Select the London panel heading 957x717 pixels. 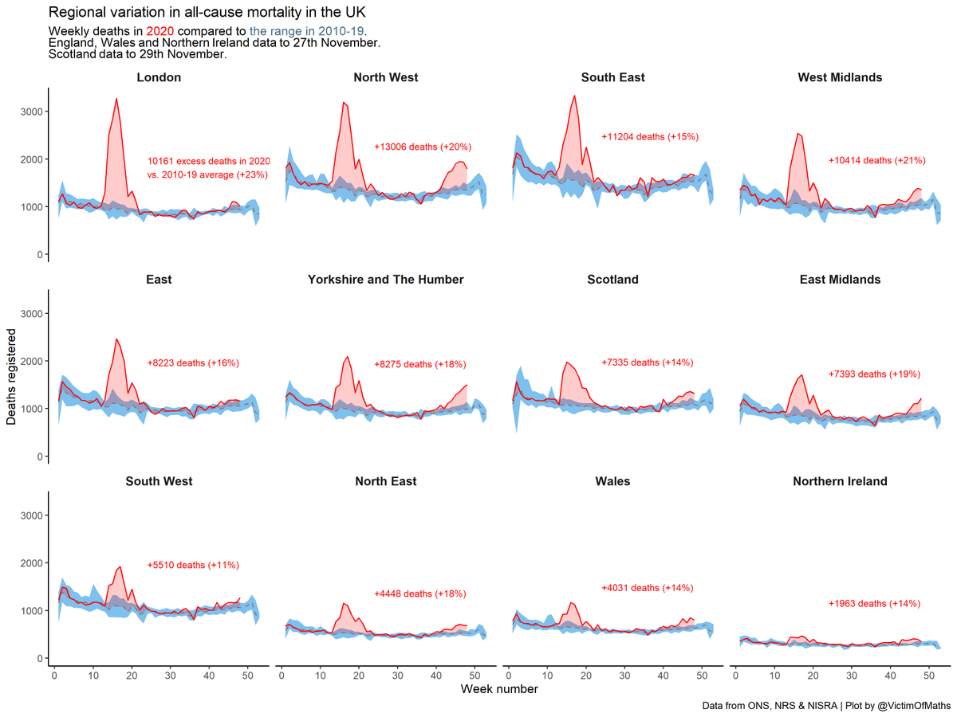[x=159, y=77]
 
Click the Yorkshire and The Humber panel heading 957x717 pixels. [x=385, y=280]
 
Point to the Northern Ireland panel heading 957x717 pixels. [x=840, y=482]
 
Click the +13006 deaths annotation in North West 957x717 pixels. [x=423, y=147]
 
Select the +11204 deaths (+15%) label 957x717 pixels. [x=650, y=137]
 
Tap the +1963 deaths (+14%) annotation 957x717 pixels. [x=874, y=603]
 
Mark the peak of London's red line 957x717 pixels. [x=116, y=99]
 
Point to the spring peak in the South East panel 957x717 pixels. [x=574, y=96]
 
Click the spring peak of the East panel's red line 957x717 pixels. [x=116, y=339]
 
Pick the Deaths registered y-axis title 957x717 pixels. [x=12, y=376]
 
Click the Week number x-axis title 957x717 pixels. [x=498, y=689]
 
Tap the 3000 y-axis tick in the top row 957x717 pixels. [x=30, y=112]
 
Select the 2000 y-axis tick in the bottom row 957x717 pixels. [x=30, y=563]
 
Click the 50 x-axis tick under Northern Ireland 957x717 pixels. [x=928, y=676]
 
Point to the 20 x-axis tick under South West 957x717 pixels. [x=131, y=676]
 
